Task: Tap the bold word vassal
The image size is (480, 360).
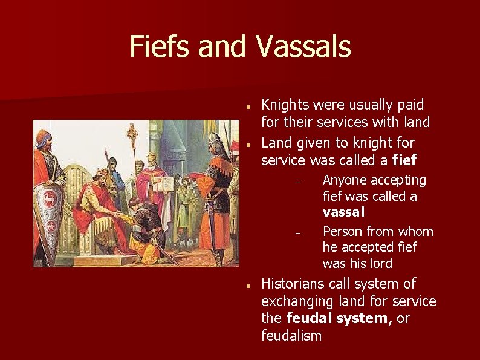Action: point(343,212)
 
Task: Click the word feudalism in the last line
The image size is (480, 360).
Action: point(291,335)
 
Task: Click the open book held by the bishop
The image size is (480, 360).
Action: point(164,183)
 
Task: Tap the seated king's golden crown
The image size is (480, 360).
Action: point(102,174)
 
